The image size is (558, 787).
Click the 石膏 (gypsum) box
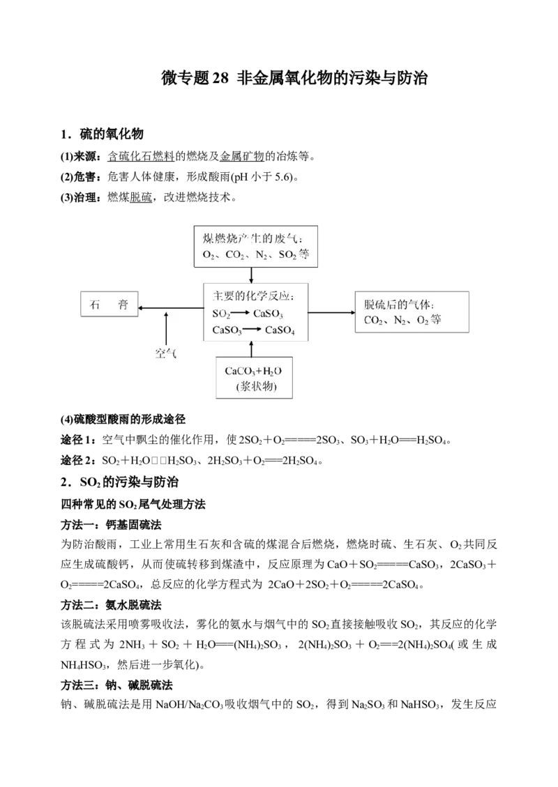[109, 305]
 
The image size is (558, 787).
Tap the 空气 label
[166, 353]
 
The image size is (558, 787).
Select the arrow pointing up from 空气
[166, 327]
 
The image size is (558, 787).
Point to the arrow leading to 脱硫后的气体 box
[331, 312]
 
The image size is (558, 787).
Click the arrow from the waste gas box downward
[252, 275]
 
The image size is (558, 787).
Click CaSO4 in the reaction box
[280, 330]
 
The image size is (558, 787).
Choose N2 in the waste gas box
[263, 256]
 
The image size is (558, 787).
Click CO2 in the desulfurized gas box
[375, 321]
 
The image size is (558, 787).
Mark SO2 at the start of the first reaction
[221, 314]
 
